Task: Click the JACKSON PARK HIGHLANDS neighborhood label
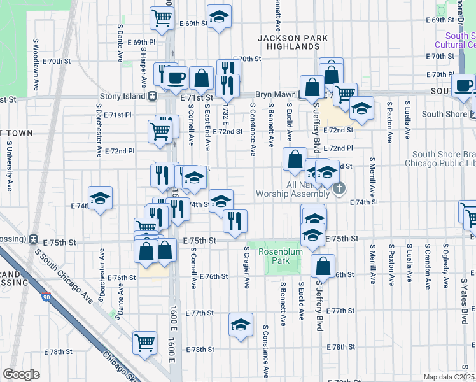(293, 42)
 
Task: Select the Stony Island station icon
(153, 97)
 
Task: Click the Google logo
(21, 374)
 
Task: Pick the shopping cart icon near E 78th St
(145, 342)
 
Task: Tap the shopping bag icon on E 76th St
(323, 265)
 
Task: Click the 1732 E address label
(225, 115)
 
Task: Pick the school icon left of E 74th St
(101, 199)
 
